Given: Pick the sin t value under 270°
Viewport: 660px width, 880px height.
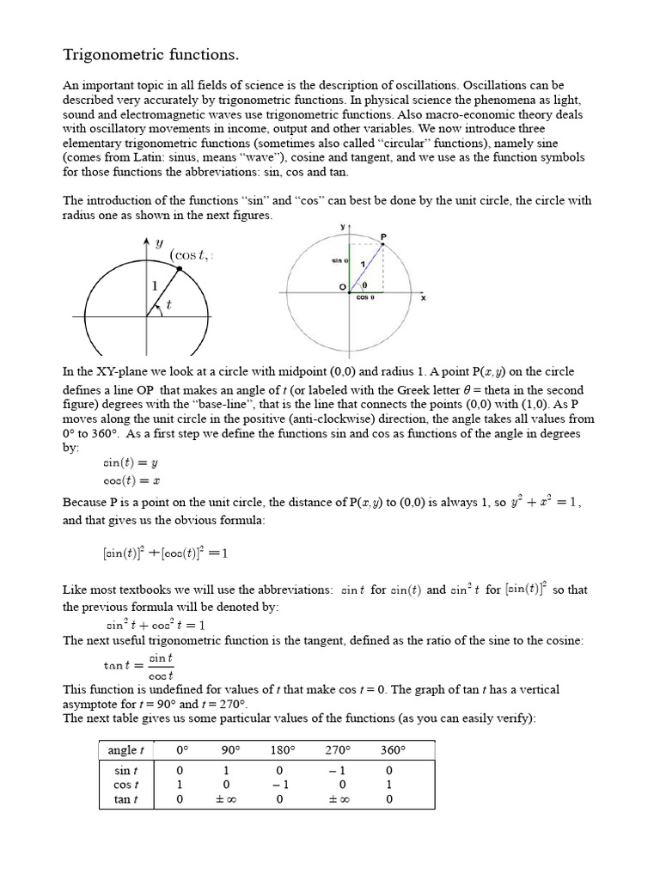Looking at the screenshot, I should tap(341, 771).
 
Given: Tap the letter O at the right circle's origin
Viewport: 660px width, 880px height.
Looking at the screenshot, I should tap(341, 286).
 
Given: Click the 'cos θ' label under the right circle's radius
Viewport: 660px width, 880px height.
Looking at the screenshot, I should tap(365, 298).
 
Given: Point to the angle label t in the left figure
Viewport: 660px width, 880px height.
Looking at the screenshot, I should tap(168, 303).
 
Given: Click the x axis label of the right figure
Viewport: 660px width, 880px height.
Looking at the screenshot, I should tap(423, 298).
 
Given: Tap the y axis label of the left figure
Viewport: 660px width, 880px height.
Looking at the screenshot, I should tap(159, 244).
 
